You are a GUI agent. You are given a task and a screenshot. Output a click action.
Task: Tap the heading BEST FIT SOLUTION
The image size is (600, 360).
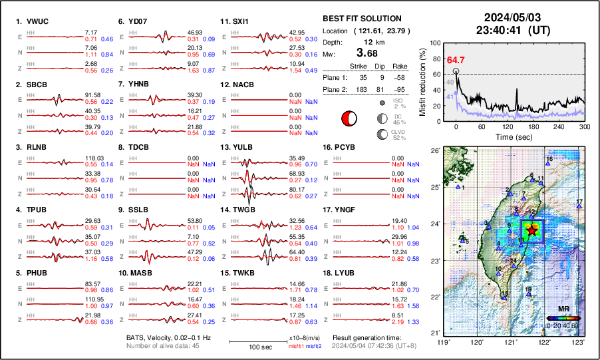pyautogui.click(x=362, y=19)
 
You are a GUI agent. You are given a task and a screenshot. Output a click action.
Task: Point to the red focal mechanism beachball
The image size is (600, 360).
pyautogui.click(x=349, y=118)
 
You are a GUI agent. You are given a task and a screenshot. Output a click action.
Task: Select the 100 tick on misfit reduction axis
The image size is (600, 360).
pyautogui.click(x=436, y=43)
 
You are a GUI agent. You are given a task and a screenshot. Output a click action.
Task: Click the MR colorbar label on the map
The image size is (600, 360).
pyautogui.click(x=563, y=309)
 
